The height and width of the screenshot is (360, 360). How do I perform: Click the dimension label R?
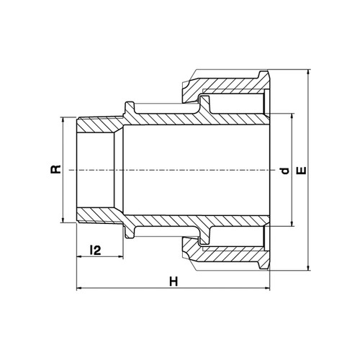pos(55,169)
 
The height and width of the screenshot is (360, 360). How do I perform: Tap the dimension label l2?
pos(95,251)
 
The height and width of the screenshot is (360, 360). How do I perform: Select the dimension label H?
pos(174,282)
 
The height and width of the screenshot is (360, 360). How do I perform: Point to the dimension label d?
pos(285,171)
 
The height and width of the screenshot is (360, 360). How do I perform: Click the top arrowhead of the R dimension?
pos(63,120)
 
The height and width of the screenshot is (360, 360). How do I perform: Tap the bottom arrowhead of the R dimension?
pos(63,220)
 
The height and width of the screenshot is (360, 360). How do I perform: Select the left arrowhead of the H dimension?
pos(79,288)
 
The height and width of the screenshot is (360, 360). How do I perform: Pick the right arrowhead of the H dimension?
pos(266,288)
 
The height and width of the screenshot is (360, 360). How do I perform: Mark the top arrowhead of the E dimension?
pos(309,72)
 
